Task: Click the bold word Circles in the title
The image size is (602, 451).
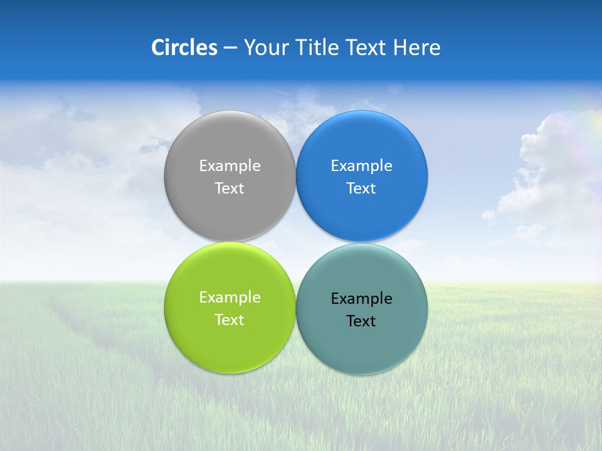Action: [184, 48]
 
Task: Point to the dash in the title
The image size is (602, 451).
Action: [230, 48]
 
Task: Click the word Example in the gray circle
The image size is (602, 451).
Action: [230, 165]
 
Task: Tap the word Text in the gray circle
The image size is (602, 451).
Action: [230, 188]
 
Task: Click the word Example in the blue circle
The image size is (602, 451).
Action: [361, 165]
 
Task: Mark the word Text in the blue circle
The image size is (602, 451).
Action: [361, 188]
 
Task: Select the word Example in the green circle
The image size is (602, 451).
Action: [230, 297]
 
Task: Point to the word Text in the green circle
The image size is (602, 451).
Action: [230, 319]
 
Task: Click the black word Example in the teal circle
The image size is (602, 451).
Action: [361, 298]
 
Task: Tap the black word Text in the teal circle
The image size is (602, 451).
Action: [361, 321]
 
